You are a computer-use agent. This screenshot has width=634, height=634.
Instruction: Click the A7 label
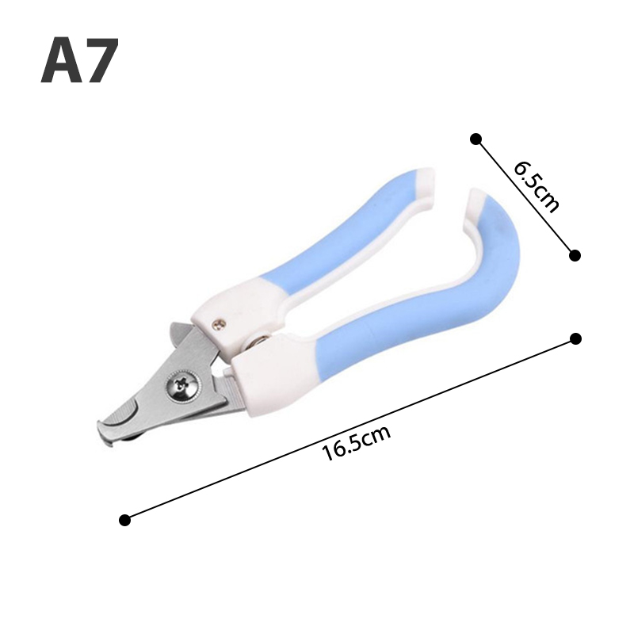(x=80, y=60)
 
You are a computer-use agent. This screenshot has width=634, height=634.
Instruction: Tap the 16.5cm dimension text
(x=356, y=442)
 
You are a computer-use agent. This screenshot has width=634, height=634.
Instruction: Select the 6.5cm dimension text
(x=537, y=186)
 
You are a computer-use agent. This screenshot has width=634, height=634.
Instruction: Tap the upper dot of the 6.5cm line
(x=476, y=139)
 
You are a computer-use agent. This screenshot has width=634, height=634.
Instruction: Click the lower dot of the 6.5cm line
(x=575, y=255)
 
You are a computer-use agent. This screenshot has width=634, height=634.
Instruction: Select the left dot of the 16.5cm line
(x=125, y=520)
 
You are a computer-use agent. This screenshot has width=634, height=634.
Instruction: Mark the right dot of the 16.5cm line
(x=575, y=339)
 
